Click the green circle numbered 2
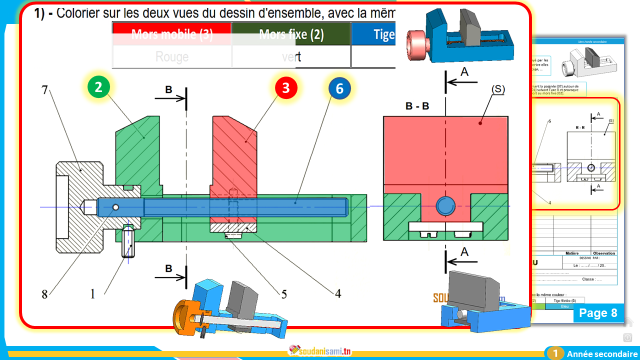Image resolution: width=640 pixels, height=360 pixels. coord(98,87)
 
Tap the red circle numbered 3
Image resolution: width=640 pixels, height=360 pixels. coord(285,88)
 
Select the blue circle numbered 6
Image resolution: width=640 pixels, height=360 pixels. coord(340,88)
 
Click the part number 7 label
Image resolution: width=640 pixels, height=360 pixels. coord(44,90)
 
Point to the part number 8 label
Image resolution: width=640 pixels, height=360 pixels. coord(44,294)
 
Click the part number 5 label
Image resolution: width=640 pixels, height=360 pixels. coord(284,294)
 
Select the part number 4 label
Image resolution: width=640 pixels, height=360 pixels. coord(338,294)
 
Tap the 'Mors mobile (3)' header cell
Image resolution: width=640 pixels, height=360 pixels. coord(172,34)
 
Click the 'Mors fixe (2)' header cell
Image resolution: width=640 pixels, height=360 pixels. coord(291,34)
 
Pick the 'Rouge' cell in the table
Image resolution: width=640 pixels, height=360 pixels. coord(172,56)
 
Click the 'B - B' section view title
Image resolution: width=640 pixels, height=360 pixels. coord(417,106)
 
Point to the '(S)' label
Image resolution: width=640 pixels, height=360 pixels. coord(498,89)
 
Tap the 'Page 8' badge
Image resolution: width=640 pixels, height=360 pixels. coord(598,313)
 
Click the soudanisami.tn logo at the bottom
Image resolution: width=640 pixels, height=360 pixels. coord(320,351)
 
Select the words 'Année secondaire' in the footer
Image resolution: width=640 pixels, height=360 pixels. coord(598,354)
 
